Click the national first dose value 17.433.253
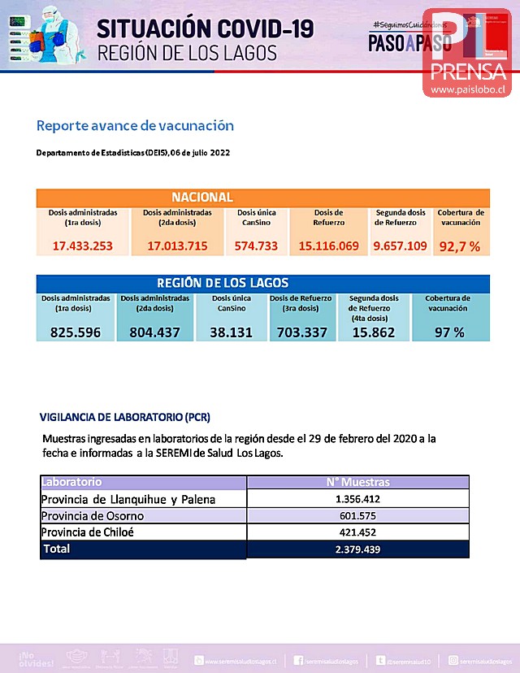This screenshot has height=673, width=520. click(x=82, y=245)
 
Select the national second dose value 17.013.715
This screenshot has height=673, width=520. click(x=177, y=245)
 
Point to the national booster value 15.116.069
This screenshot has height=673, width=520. click(x=328, y=245)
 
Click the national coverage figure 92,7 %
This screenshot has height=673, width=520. click(x=460, y=245)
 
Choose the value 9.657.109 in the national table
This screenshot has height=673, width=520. click(x=400, y=245)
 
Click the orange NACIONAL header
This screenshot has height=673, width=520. click(x=202, y=198)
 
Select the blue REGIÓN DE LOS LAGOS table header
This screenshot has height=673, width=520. click(x=223, y=283)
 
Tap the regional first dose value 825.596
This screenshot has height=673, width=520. click(x=75, y=332)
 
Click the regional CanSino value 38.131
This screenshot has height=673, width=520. click(x=232, y=332)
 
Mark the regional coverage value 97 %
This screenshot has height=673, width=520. click(x=448, y=332)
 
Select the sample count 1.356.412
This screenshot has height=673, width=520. click(x=357, y=499)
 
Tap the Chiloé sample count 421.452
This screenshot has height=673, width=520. click(x=357, y=533)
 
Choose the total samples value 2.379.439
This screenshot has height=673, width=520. click(x=357, y=549)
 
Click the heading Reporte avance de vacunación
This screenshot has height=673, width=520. click(x=135, y=126)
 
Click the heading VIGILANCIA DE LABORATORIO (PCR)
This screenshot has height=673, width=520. click(x=125, y=418)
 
